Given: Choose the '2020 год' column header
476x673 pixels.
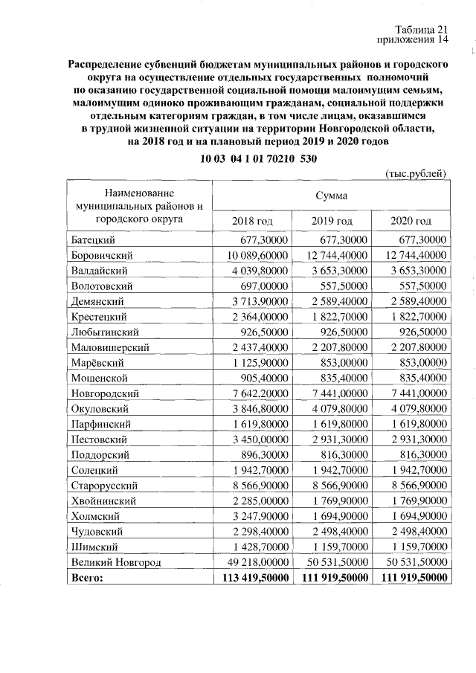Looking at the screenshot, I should click(x=411, y=221).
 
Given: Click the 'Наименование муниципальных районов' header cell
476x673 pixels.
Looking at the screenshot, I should click(x=139, y=206).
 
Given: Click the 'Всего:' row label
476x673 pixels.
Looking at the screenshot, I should click(x=87, y=576).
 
